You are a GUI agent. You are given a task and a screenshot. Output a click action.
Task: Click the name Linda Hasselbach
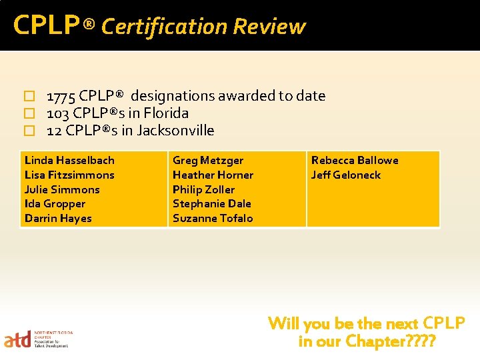(x=69, y=161)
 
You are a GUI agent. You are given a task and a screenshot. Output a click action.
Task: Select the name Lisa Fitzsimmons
(x=69, y=175)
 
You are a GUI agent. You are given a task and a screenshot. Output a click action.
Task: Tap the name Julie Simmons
(x=62, y=190)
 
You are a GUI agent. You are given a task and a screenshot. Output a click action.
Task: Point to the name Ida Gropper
(x=55, y=204)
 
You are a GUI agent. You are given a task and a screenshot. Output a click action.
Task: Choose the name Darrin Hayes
(x=58, y=219)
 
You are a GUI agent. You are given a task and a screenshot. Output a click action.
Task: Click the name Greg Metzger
(x=208, y=161)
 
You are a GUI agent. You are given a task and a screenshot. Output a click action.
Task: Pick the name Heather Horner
(x=213, y=175)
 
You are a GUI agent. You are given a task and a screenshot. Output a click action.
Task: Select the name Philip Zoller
(x=203, y=190)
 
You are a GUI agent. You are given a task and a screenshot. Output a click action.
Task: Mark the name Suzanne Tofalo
(x=213, y=219)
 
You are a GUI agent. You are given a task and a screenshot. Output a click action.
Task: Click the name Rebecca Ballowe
(x=355, y=161)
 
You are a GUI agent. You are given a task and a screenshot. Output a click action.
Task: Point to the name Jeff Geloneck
(x=346, y=175)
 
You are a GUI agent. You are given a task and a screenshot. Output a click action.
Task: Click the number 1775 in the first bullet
(x=61, y=96)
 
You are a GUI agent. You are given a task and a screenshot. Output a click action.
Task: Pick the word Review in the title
(x=269, y=27)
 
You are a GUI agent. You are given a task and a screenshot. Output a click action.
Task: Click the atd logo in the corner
(x=18, y=340)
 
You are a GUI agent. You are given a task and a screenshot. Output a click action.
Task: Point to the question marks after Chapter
(x=422, y=342)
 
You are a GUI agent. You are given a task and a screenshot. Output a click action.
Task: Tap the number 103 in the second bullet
(x=58, y=113)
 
